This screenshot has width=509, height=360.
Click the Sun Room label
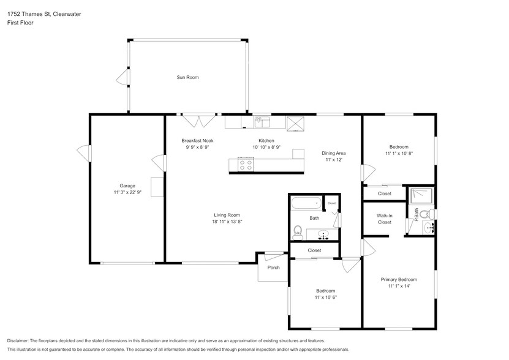pyautogui.click(x=187, y=77)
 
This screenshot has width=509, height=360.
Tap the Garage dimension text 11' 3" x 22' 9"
pyautogui.click(x=127, y=192)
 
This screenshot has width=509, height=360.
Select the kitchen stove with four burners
pyautogui.click(x=246, y=164)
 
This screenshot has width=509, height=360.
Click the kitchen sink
pyautogui.click(x=262, y=122)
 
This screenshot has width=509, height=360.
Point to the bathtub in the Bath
pyautogui.click(x=306, y=204)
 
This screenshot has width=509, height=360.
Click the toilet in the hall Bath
pyautogui.click(x=297, y=233)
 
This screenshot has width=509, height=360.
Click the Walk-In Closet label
pyautogui.click(x=384, y=219)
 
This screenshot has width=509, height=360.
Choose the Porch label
pyautogui.click(x=273, y=268)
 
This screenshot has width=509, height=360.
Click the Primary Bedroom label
pyautogui.click(x=399, y=280)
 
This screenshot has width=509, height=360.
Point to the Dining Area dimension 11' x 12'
pyautogui.click(x=334, y=160)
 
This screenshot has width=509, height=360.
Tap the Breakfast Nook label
pyautogui.click(x=197, y=141)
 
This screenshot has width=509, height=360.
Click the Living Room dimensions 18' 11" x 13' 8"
pyautogui.click(x=227, y=222)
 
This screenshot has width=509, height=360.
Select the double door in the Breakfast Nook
pyautogui.click(x=199, y=120)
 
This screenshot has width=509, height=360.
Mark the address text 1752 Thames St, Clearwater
pyautogui.click(x=44, y=14)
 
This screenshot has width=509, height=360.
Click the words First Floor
pyautogui.click(x=20, y=23)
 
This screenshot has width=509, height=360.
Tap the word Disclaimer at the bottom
pyautogui.click(x=18, y=341)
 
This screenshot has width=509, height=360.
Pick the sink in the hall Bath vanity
pyautogui.click(x=323, y=234)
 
